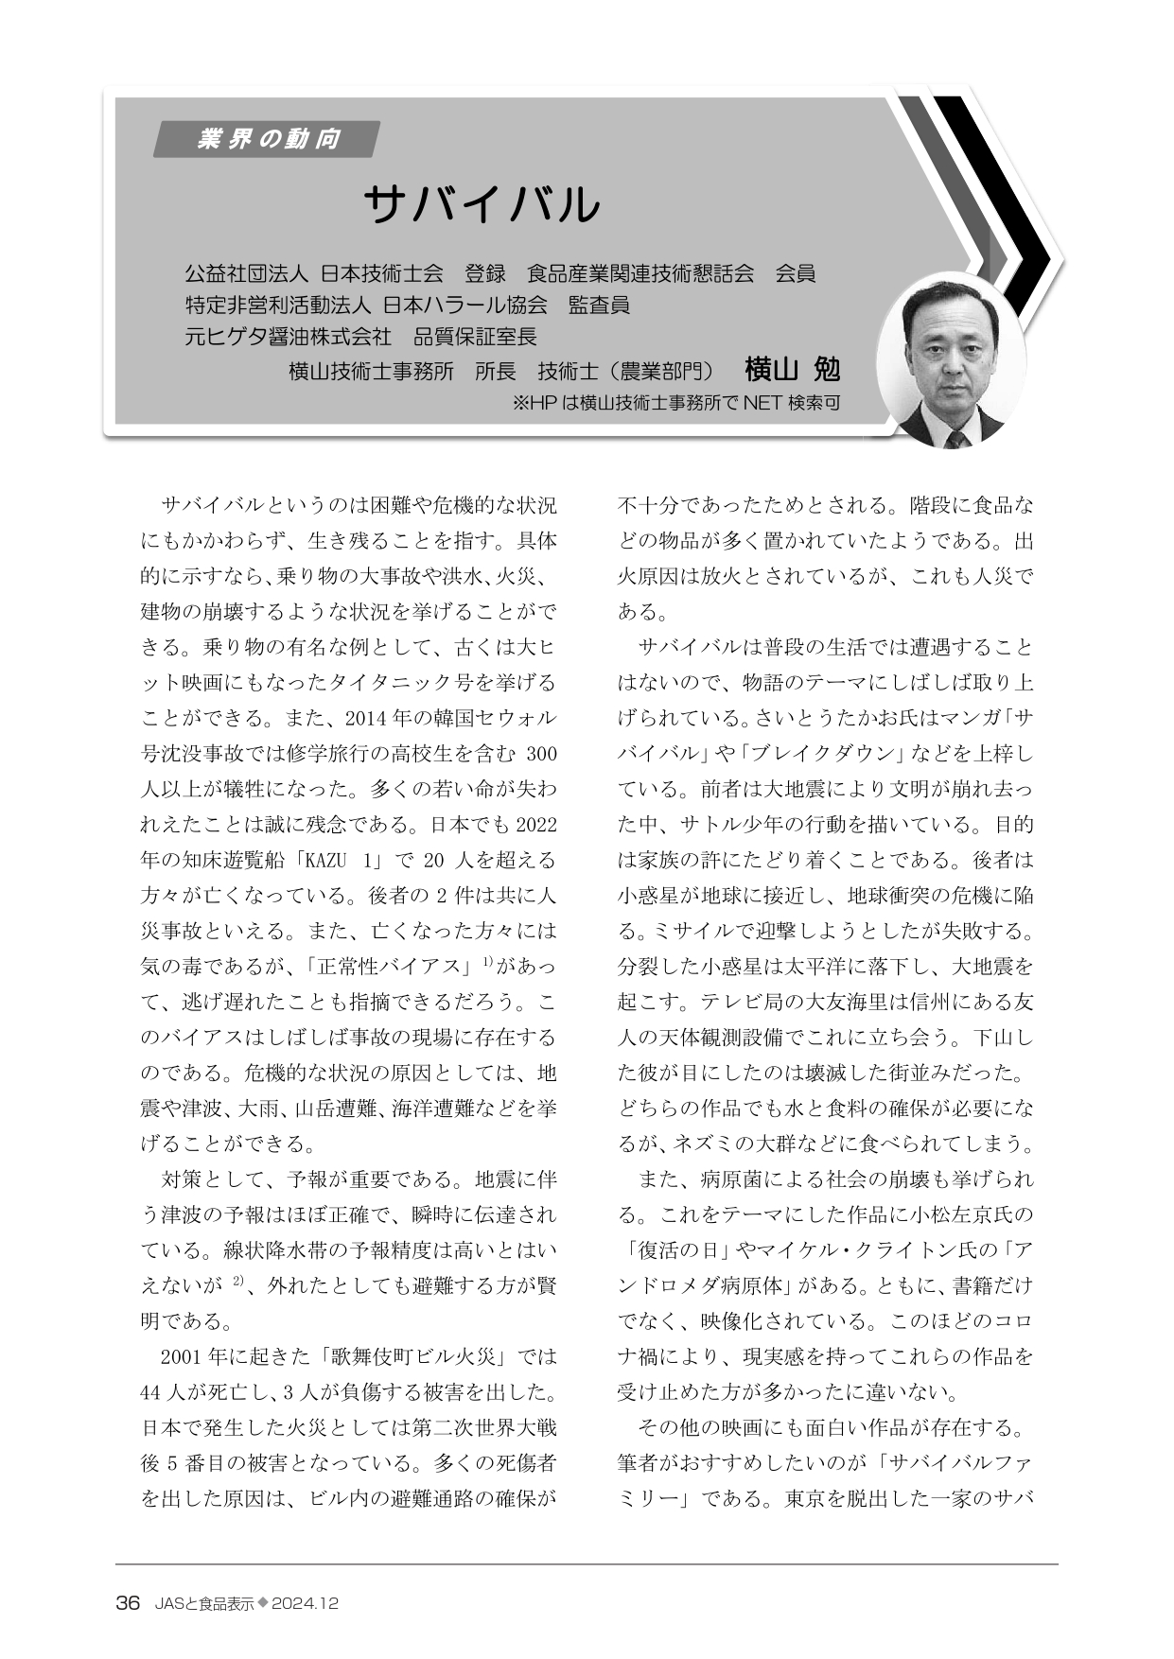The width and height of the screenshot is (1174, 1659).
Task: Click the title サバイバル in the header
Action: (482, 204)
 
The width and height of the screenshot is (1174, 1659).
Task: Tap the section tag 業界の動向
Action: (269, 140)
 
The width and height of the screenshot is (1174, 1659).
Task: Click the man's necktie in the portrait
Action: (956, 438)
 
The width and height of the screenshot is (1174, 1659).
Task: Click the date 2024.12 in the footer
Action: (305, 1604)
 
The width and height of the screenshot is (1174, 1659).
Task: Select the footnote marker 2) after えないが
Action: (238, 1283)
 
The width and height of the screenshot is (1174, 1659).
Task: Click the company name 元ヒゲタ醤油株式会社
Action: (288, 337)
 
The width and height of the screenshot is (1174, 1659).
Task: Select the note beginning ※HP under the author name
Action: (675, 403)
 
